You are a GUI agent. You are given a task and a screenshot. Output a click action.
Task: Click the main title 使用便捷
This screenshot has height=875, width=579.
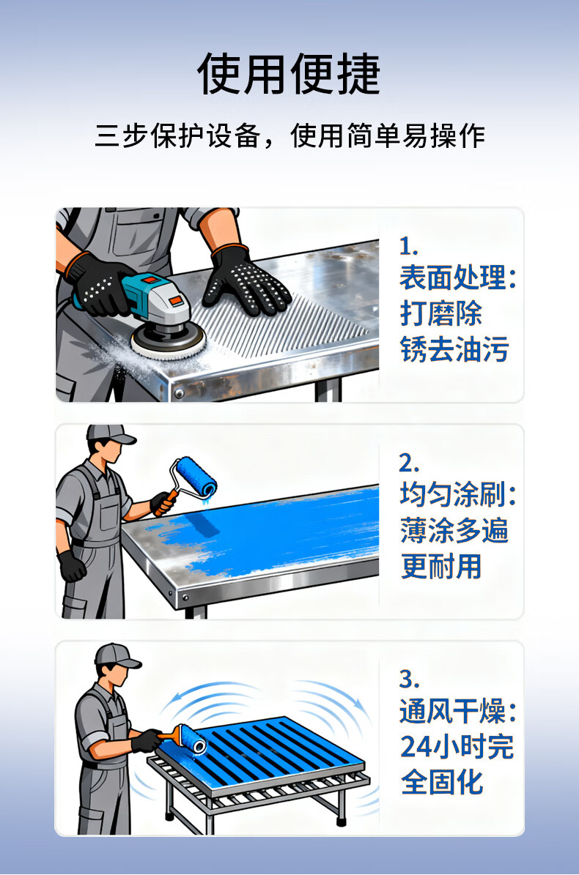click(x=289, y=74)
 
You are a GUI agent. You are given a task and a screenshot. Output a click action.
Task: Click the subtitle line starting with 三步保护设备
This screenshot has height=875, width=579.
click(x=289, y=135)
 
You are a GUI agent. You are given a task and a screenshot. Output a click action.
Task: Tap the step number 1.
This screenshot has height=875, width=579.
click(x=408, y=245)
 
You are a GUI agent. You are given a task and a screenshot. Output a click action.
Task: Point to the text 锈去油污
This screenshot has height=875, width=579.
click(x=454, y=350)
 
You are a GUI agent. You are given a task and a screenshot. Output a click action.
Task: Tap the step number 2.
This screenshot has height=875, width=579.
click(x=409, y=463)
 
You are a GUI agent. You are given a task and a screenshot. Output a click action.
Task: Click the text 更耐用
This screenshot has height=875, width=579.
click(x=441, y=567)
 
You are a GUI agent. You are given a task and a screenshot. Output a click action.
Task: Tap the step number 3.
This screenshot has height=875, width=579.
click(x=409, y=679)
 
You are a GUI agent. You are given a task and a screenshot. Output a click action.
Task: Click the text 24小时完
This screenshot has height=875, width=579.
click(x=457, y=747)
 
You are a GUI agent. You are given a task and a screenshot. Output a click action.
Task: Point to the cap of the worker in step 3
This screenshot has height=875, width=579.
click(x=116, y=655)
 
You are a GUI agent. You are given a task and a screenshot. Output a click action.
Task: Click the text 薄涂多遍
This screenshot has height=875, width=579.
click(x=454, y=530)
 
